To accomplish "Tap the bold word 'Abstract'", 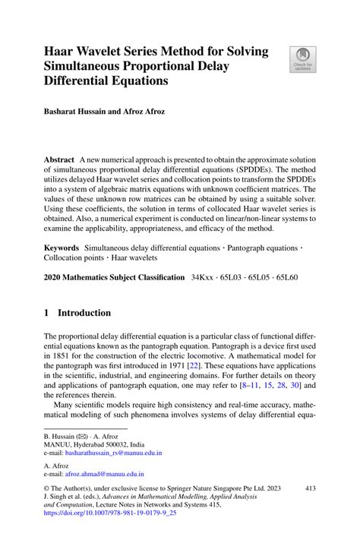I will [x=59, y=160].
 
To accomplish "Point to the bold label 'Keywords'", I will [x=62, y=248].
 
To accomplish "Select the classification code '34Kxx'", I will [x=205, y=278].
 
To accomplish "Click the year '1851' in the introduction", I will [x=62, y=355].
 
